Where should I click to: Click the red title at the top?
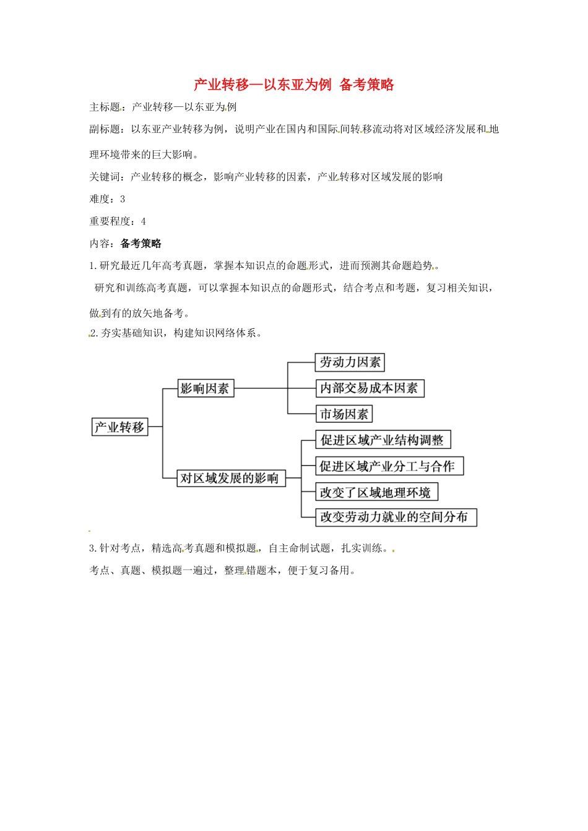(294, 85)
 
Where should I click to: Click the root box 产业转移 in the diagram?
(120, 427)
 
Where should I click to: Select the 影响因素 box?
(205, 388)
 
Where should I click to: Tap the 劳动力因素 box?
(350, 362)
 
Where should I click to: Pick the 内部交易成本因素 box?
(370, 388)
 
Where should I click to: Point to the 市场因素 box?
(344, 414)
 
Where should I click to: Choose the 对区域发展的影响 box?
(230, 478)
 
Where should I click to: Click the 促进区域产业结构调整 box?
(383, 440)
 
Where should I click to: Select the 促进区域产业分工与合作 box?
(389, 466)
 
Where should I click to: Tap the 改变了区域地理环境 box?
(376, 492)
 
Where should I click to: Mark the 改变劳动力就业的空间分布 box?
(396, 518)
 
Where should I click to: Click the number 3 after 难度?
(123, 200)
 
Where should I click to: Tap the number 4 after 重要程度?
(144, 222)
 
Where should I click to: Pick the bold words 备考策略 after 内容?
(141, 244)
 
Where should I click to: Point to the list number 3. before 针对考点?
(93, 548)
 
